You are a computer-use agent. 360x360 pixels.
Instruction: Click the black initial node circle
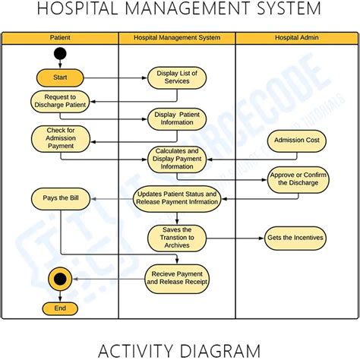(x=60, y=55)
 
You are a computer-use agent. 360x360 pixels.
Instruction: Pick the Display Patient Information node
(x=176, y=119)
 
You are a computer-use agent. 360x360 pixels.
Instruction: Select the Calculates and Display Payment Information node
(x=176, y=159)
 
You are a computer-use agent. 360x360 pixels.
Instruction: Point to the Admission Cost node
(x=296, y=141)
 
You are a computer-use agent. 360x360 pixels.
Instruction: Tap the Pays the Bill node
(x=60, y=199)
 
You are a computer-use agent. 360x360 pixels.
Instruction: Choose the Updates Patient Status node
(x=177, y=199)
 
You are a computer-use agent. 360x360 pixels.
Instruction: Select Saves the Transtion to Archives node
(x=176, y=238)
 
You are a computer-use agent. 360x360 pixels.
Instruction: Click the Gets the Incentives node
(x=295, y=238)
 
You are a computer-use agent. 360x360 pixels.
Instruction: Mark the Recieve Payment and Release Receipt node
(x=176, y=278)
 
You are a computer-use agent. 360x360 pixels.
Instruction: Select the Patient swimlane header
(x=60, y=37)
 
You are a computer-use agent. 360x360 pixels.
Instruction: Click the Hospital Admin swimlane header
(x=295, y=37)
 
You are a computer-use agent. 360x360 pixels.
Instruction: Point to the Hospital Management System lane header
(x=176, y=37)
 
